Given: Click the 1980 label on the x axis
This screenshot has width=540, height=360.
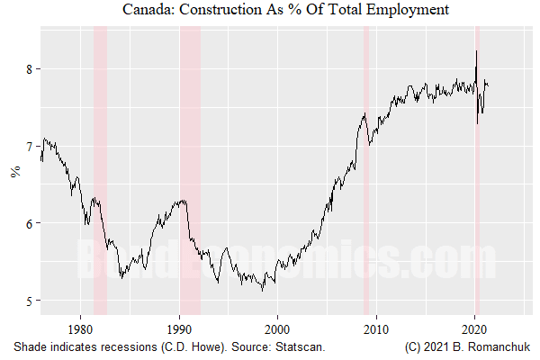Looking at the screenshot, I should tap(81, 328).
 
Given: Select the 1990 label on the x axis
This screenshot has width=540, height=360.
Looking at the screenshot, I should tap(179, 328).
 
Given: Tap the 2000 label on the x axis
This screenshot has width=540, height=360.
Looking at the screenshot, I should tap(278, 328).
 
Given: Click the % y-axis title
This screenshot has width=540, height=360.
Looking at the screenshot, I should tap(14, 172).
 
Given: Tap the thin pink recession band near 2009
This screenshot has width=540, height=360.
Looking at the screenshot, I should tap(365, 225).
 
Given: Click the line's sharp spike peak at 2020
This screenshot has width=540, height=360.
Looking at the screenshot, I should tap(476, 52).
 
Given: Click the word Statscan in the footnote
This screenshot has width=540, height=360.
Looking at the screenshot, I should tap(300, 346).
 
